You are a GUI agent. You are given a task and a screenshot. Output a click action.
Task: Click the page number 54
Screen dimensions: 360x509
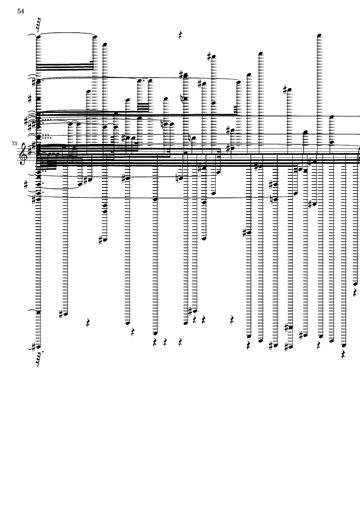pyautogui.click(x=21, y=11)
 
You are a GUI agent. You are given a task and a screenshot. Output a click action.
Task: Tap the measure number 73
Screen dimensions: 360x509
pyautogui.click(x=14, y=143)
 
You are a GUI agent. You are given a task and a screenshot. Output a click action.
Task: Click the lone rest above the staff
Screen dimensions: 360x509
pyautogui.click(x=181, y=35)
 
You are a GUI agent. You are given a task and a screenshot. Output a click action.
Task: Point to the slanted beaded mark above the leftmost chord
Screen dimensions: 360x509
pyautogui.click(x=39, y=26)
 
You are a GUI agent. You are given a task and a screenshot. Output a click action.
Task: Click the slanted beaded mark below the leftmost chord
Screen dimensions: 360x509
pyautogui.click(x=40, y=359)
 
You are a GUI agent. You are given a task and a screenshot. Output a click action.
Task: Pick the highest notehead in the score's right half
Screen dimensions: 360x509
pyautogui.click(x=319, y=35)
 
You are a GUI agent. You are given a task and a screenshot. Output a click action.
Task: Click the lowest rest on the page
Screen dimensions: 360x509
pyautogui.click(x=344, y=354)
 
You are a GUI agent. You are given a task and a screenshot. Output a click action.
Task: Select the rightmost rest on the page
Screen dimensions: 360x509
pyautogui.click(x=355, y=293)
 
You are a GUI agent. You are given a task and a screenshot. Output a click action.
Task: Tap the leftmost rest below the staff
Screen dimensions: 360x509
pyautogui.click(x=88, y=323)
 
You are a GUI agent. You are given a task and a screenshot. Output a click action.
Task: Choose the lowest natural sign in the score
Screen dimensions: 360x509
pyautogui.click(x=272, y=199)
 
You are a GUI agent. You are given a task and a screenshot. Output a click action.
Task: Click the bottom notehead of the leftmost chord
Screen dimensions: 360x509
pyautogui.click(x=39, y=347)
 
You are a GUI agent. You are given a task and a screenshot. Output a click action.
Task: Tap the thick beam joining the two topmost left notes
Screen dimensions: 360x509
pyautogui.click(x=65, y=67)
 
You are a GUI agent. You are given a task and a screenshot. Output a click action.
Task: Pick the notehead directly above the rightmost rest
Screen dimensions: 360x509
pyautogui.click(x=355, y=284)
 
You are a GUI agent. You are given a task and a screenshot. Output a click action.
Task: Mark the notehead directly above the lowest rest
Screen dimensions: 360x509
pyautogui.click(x=344, y=345)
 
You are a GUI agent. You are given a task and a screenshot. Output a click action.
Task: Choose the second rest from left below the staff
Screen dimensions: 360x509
pyautogui.click(x=133, y=332)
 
